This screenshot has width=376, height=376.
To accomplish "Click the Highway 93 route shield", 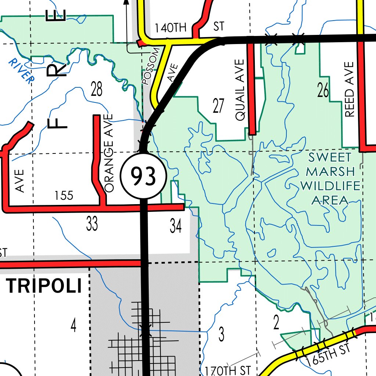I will (144, 177).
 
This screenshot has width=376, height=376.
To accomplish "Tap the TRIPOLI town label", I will (44, 286).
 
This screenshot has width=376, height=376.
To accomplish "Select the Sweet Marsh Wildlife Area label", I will (330, 179).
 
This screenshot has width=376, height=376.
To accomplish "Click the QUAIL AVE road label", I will (240, 90).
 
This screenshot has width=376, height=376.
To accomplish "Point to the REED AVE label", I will (350, 90).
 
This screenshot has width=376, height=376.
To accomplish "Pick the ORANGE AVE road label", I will (109, 153).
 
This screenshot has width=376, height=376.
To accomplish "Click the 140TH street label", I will (171, 28).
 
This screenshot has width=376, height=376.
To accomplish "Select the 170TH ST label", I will (228, 370).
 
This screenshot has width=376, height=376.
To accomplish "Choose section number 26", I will (323, 90).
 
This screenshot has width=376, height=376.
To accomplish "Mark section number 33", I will (92, 224).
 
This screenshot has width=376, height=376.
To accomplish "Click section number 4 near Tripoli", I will (73, 325).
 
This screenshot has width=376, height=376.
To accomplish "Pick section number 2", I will (276, 322).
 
